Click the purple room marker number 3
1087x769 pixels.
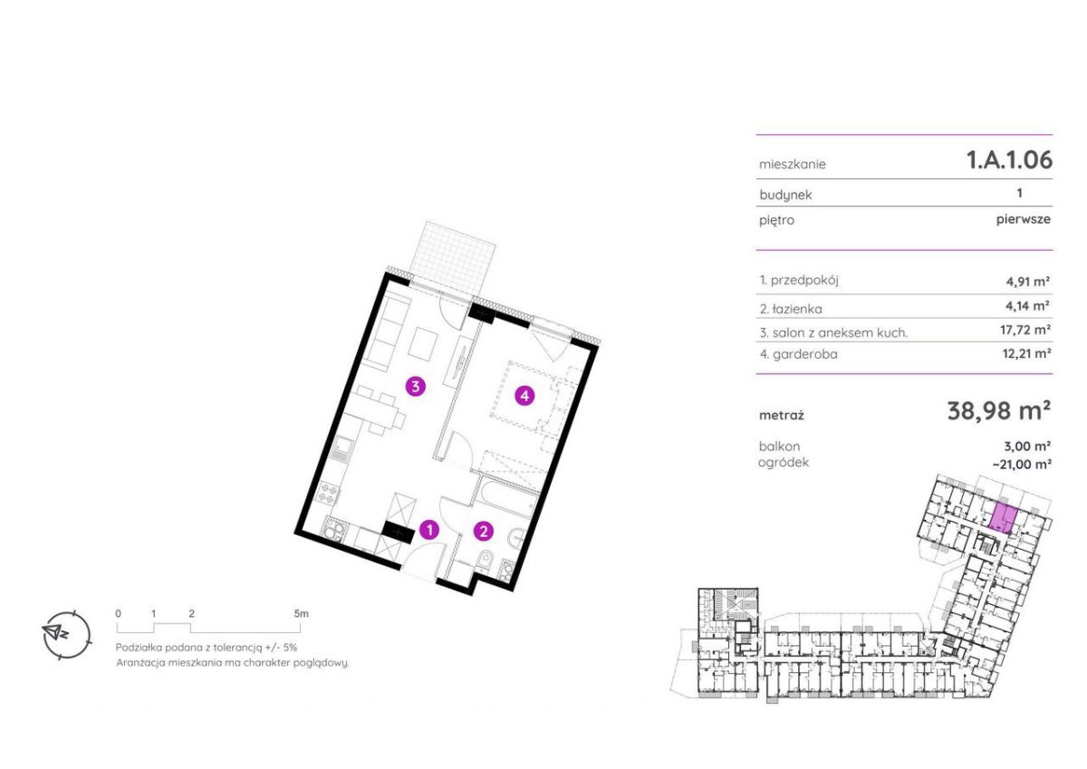[416, 387]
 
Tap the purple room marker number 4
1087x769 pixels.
[524, 396]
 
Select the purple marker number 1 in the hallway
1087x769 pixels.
[429, 530]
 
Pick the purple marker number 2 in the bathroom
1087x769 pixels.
[484, 532]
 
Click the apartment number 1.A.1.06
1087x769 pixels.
[1009, 159]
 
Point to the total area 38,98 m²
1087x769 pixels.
[998, 411]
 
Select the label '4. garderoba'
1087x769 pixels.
[799, 354]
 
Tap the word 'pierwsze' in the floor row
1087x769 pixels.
[1024, 219]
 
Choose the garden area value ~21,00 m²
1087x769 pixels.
[1022, 465]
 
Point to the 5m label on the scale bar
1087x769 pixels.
[301, 613]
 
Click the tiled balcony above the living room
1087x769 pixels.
[453, 256]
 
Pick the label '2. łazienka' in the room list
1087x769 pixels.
[791, 309]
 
